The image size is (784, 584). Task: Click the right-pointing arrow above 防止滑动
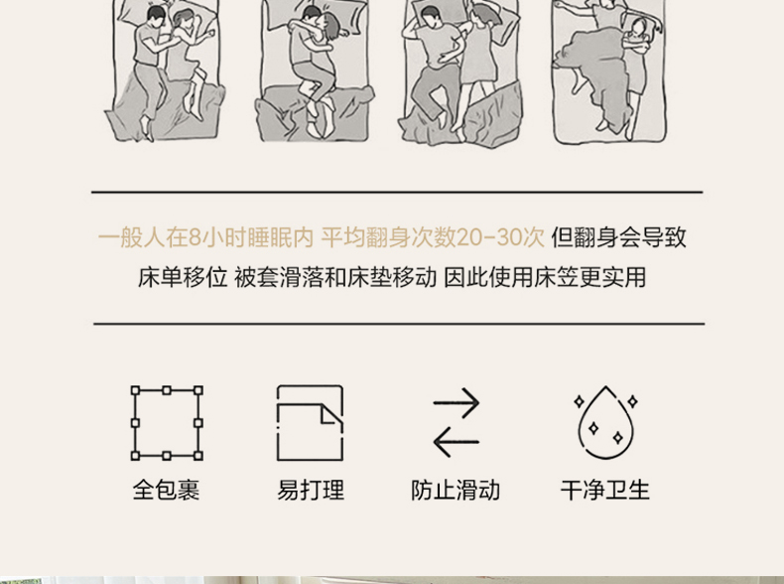[x=456, y=402]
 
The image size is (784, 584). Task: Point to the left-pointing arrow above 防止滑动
[x=456, y=442]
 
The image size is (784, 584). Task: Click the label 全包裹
[x=166, y=490]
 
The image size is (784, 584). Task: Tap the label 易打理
[x=311, y=490]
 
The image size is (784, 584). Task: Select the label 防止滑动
[x=456, y=490]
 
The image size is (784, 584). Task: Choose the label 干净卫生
[x=605, y=490]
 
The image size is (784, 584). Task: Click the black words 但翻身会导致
[x=619, y=237]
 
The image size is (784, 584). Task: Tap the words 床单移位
[x=183, y=277]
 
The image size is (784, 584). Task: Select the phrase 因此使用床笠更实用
[x=545, y=277]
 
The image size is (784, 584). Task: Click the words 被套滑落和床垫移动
[x=335, y=277]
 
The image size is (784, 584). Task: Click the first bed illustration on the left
[x=166, y=71]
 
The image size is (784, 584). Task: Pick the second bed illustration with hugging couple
[x=315, y=71]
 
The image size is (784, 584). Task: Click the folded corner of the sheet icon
[x=330, y=414]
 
